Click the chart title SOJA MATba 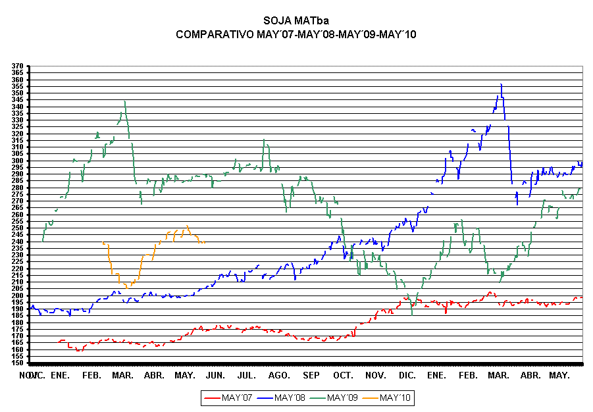coord(296,21)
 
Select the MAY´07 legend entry coord(237,398)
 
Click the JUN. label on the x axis coord(215,375)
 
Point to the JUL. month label coord(246,375)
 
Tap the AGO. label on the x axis coord(279,375)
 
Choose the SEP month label coord(311,375)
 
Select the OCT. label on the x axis coord(342,375)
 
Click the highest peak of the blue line coord(502,85)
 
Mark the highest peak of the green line coord(125,101)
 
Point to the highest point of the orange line coord(188,226)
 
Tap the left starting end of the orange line coord(104,243)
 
